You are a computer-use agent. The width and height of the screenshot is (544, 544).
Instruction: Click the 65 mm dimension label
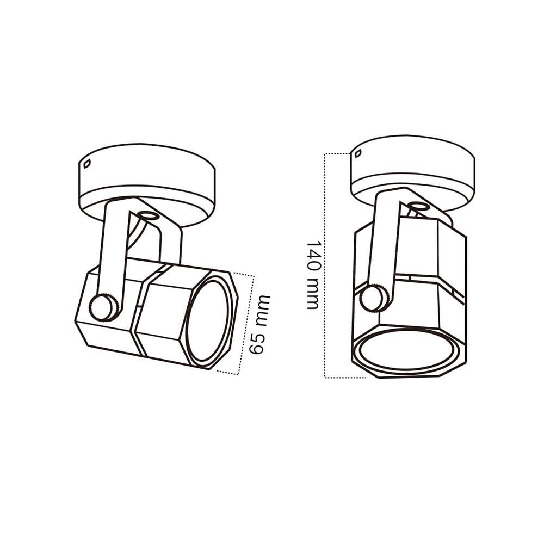point(260,325)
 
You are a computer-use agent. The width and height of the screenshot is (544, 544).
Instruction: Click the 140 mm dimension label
point(313,274)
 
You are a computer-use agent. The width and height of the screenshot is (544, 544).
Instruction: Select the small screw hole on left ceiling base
point(86,163)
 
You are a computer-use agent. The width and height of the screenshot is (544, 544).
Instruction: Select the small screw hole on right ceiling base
point(358,153)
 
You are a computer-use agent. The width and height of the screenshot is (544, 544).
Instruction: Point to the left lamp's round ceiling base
point(147,186)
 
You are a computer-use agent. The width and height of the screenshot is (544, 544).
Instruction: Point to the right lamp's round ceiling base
point(413,174)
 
